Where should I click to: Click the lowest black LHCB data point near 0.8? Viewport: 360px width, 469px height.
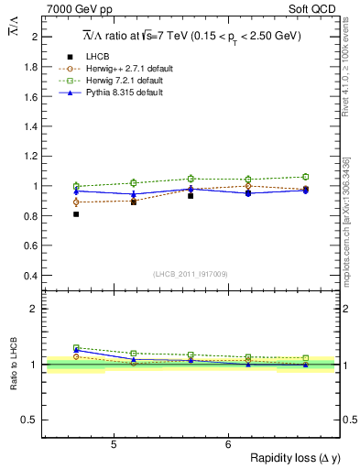coord(76,214)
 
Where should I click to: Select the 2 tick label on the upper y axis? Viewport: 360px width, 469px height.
coord(35,37)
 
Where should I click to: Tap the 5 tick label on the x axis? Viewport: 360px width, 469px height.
coord(113,445)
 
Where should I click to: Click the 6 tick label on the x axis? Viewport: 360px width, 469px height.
coord(228,445)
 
